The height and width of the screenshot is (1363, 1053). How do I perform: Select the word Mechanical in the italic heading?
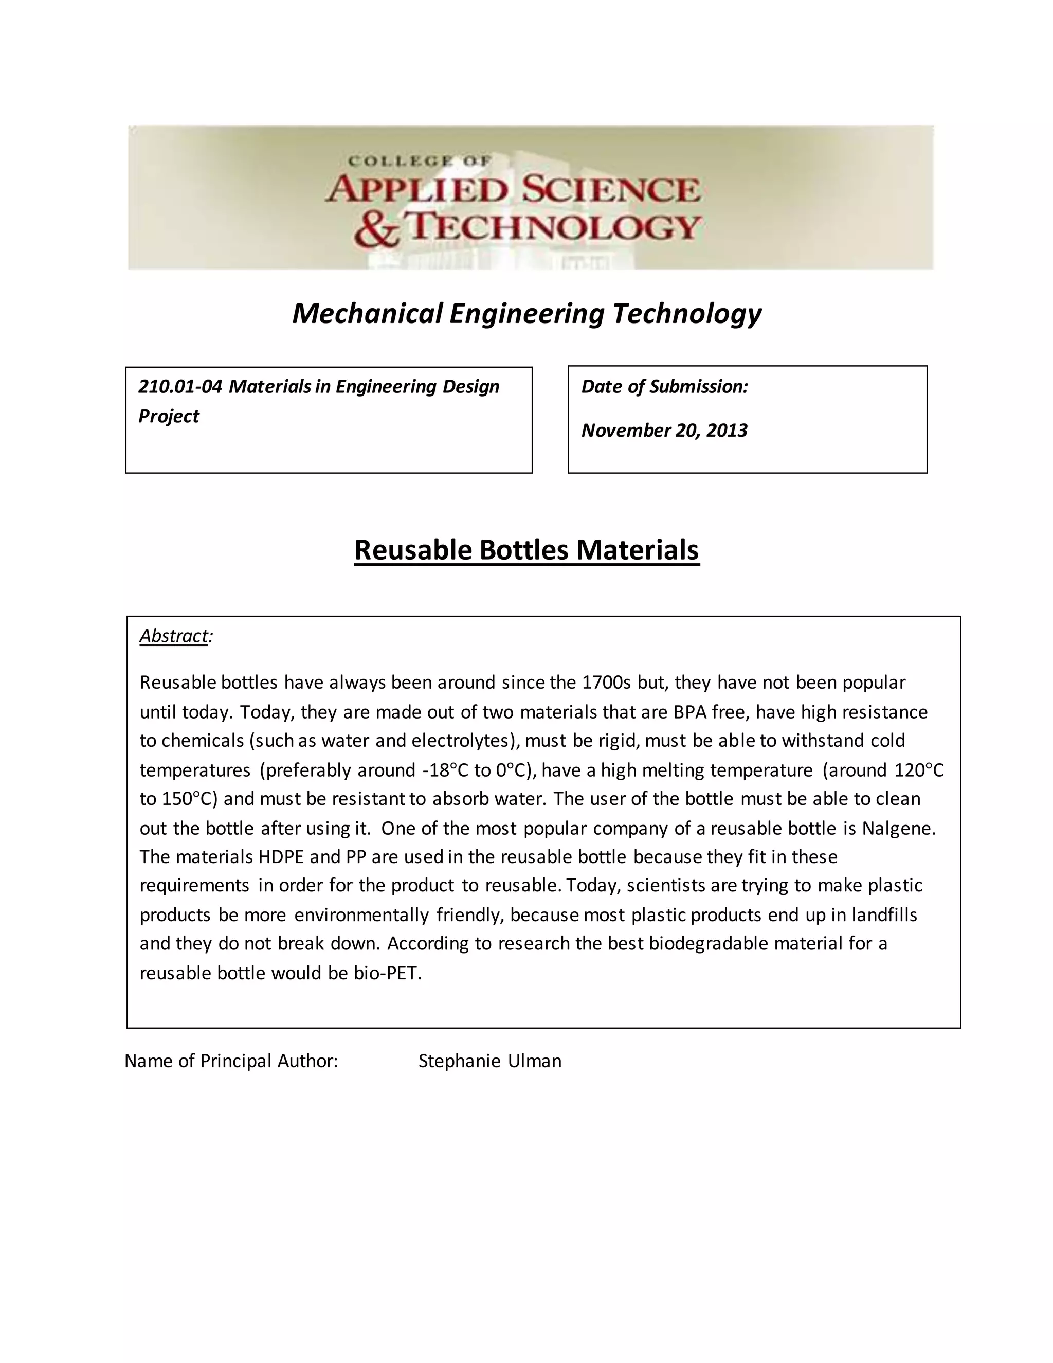[368, 313]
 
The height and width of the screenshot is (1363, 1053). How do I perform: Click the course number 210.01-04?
[179, 387]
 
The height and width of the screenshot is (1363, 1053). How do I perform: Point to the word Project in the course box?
[169, 416]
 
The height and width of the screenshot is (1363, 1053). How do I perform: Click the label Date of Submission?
[664, 387]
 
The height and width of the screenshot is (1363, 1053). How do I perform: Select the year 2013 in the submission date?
[727, 431]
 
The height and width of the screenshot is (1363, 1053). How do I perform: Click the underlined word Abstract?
[173, 636]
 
